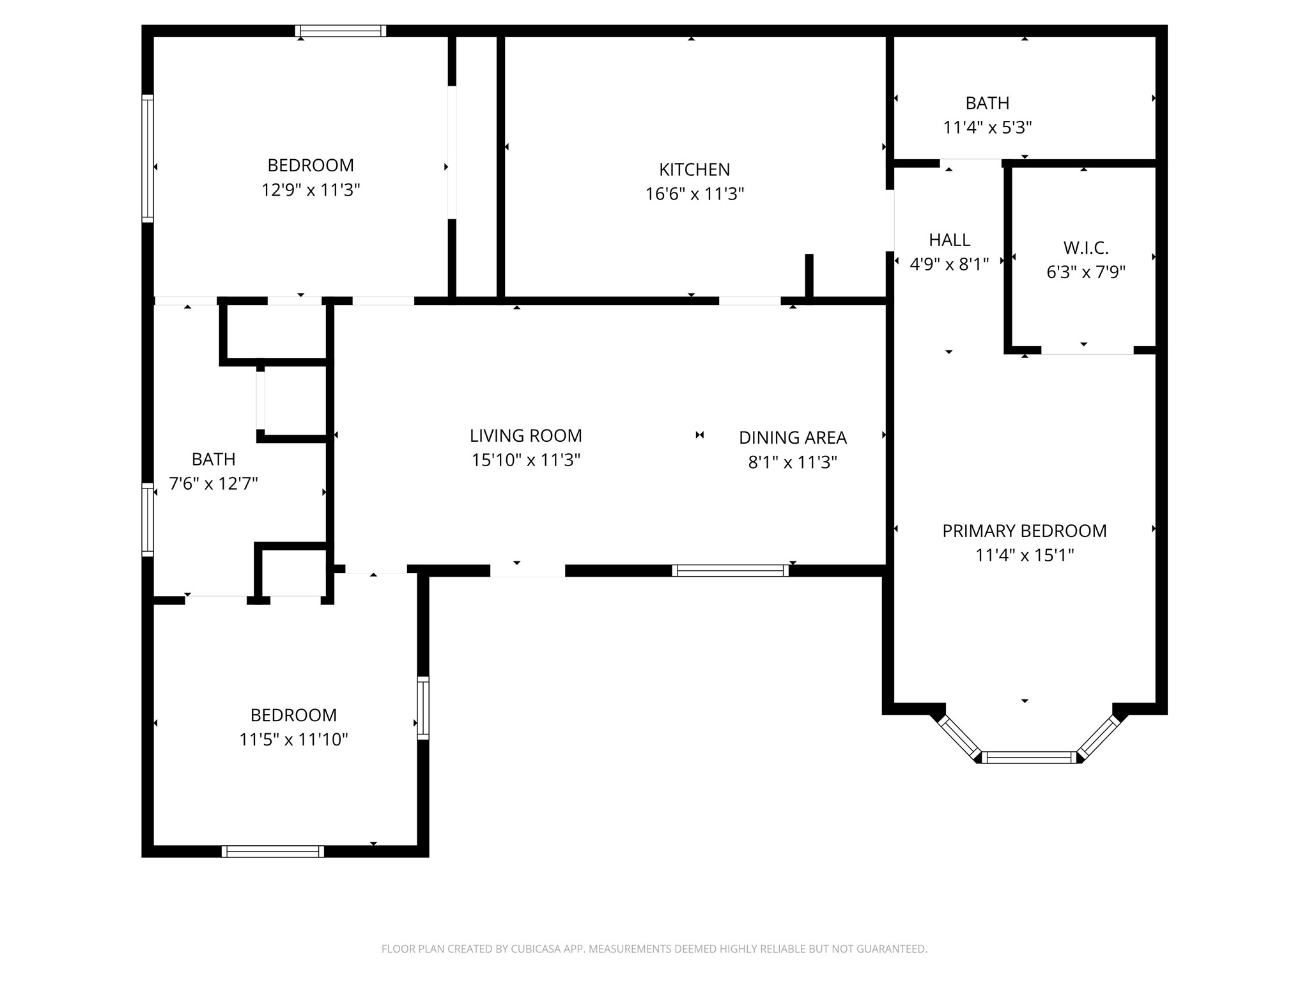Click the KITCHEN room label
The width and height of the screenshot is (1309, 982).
tap(694, 169)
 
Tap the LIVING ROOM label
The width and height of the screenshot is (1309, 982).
tap(526, 436)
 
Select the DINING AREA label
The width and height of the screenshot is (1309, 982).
tap(793, 438)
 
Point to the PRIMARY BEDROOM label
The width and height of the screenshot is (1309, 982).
tap(1025, 531)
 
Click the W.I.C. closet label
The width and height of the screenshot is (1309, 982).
tap(1085, 247)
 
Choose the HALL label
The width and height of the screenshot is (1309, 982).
tap(949, 240)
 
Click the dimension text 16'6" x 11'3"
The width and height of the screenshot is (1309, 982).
tap(695, 194)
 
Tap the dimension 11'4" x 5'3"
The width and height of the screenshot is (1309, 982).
tap(988, 127)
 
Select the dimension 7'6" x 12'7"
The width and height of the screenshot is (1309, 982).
tap(213, 483)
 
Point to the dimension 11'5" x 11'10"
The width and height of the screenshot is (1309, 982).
tap(293, 739)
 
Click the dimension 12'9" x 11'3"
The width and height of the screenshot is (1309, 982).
tap(311, 190)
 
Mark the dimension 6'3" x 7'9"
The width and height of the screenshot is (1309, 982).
tap(1085, 272)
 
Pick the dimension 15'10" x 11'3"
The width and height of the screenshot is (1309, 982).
tap(526, 460)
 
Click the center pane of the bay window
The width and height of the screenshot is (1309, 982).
tap(1029, 758)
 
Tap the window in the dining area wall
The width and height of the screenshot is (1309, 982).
tap(730, 570)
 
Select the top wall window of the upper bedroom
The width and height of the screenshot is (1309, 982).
tap(341, 31)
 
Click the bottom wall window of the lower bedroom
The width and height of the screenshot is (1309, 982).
tap(273, 851)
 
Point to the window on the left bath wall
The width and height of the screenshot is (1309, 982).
tap(148, 519)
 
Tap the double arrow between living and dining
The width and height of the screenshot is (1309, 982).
tap(699, 435)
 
